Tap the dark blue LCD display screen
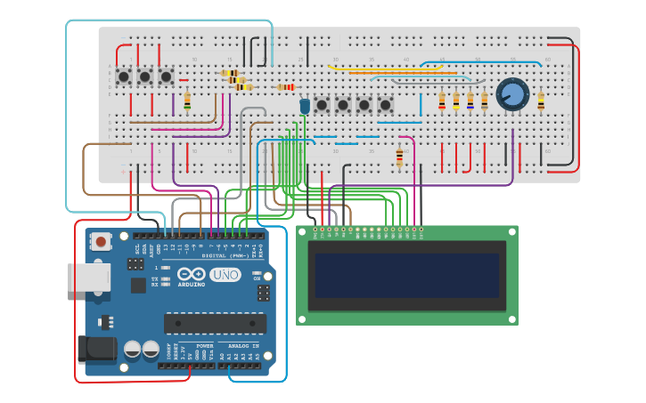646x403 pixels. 405,275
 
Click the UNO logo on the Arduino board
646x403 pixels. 225,275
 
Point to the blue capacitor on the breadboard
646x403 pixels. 305,106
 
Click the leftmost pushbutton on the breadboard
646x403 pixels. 123,77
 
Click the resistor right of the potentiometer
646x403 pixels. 541,100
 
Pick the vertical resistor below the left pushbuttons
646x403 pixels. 187,101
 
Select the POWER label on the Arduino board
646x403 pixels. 204,345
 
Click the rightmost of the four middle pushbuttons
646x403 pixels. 385,105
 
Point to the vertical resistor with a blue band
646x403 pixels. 470,101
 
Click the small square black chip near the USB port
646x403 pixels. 138,285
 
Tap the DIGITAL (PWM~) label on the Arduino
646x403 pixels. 225,255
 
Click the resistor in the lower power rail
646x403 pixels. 399,157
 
